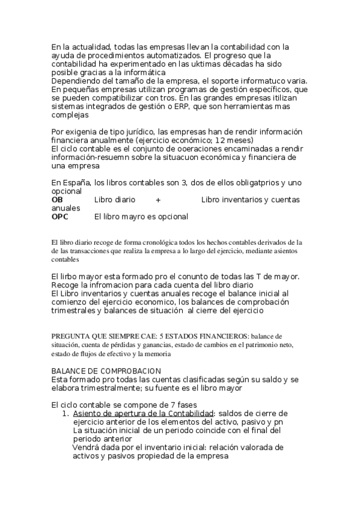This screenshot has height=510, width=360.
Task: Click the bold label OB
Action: click(x=57, y=200)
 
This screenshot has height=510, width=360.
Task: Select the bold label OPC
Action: click(x=60, y=217)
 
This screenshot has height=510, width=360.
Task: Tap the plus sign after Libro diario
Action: click(x=158, y=200)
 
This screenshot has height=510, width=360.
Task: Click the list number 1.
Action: click(x=66, y=414)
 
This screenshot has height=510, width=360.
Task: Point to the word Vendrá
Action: click(x=86, y=447)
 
